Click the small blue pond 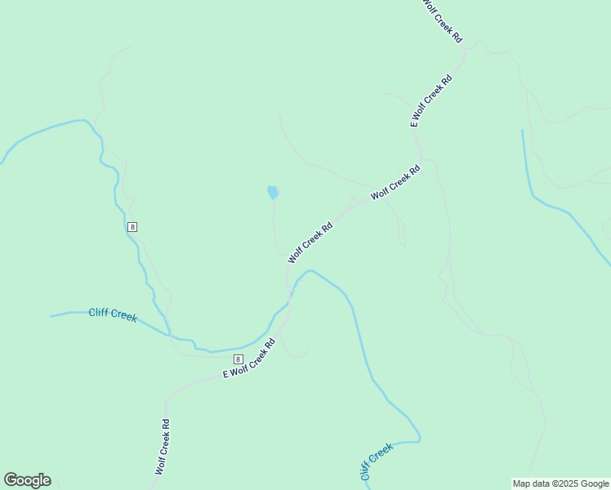tap(272, 193)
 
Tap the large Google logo tap(27, 480)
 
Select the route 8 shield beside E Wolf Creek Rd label tap(238, 359)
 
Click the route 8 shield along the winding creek tap(132, 226)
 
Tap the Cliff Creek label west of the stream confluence tap(113, 314)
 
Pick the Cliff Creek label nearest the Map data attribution tap(376, 461)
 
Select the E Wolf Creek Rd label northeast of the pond tap(430, 101)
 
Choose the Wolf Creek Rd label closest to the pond tap(310, 243)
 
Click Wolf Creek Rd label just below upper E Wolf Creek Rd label tap(395, 182)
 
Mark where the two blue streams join tap(170, 335)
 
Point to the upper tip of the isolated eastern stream tap(522, 130)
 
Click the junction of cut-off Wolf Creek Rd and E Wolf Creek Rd tap(464, 51)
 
